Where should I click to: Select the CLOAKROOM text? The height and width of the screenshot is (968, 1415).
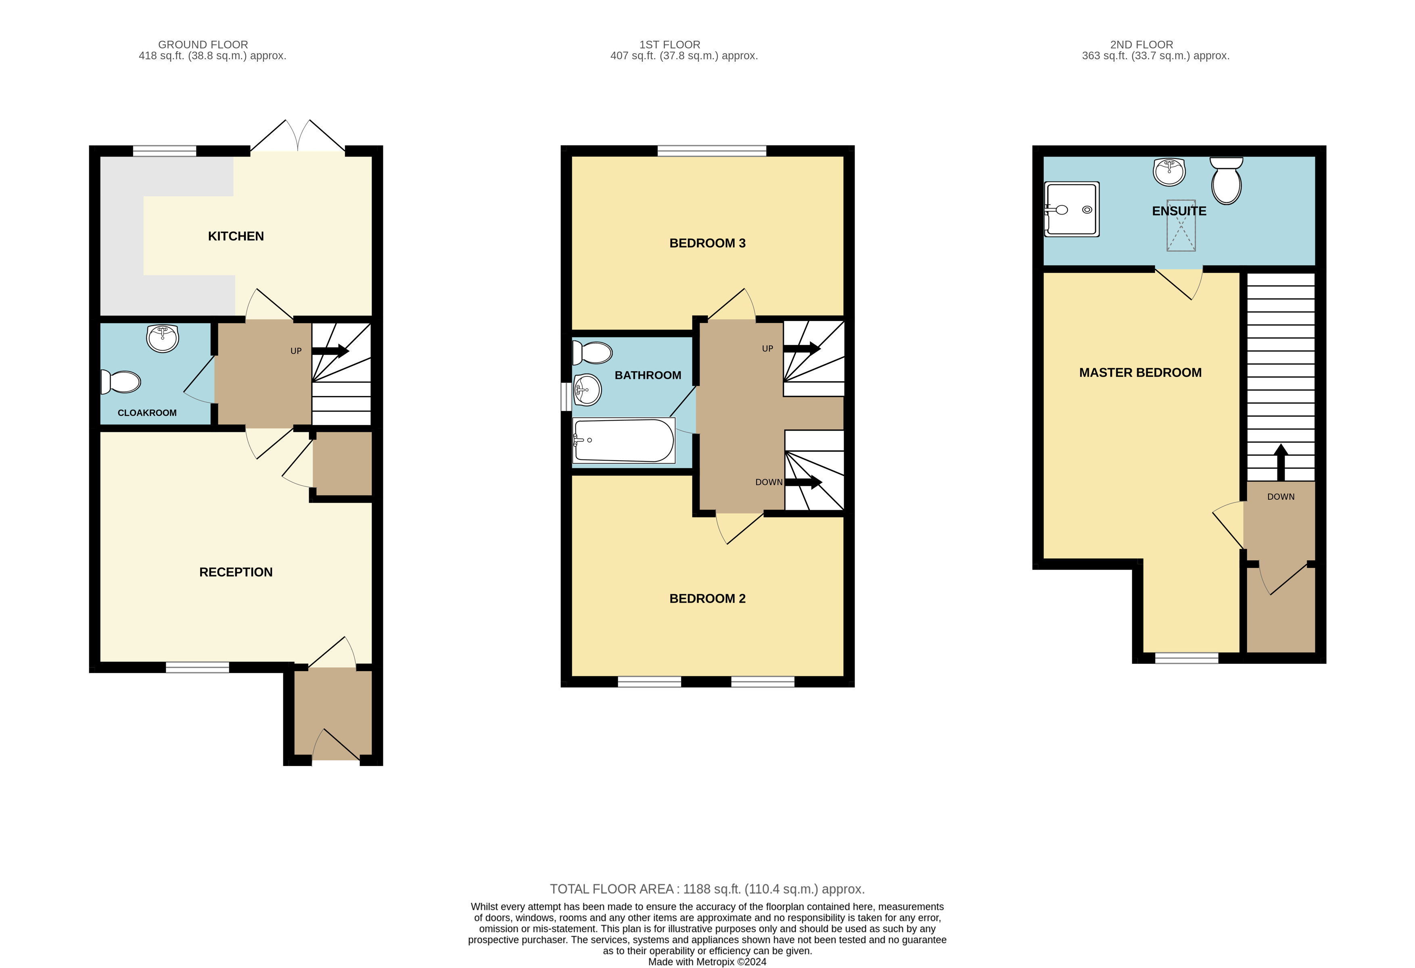(147, 413)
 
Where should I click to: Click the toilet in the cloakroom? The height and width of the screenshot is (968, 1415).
(121, 382)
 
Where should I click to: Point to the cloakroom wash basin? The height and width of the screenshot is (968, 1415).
(163, 338)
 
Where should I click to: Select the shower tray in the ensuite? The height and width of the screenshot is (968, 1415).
(1072, 209)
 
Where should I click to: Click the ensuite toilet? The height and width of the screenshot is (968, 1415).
(1226, 180)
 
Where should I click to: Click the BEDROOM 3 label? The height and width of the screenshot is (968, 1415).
(708, 244)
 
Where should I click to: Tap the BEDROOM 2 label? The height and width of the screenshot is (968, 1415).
(708, 599)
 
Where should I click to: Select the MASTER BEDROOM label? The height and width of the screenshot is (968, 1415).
(1140, 373)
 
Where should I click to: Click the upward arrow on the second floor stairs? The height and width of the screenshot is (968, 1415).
(1281, 463)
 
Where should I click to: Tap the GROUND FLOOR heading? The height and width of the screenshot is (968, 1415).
(203, 44)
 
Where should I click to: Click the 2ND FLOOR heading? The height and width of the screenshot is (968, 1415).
(1141, 44)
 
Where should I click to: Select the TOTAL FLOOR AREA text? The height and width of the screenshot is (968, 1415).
(708, 889)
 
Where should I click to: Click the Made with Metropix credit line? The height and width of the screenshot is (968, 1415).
(708, 962)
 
